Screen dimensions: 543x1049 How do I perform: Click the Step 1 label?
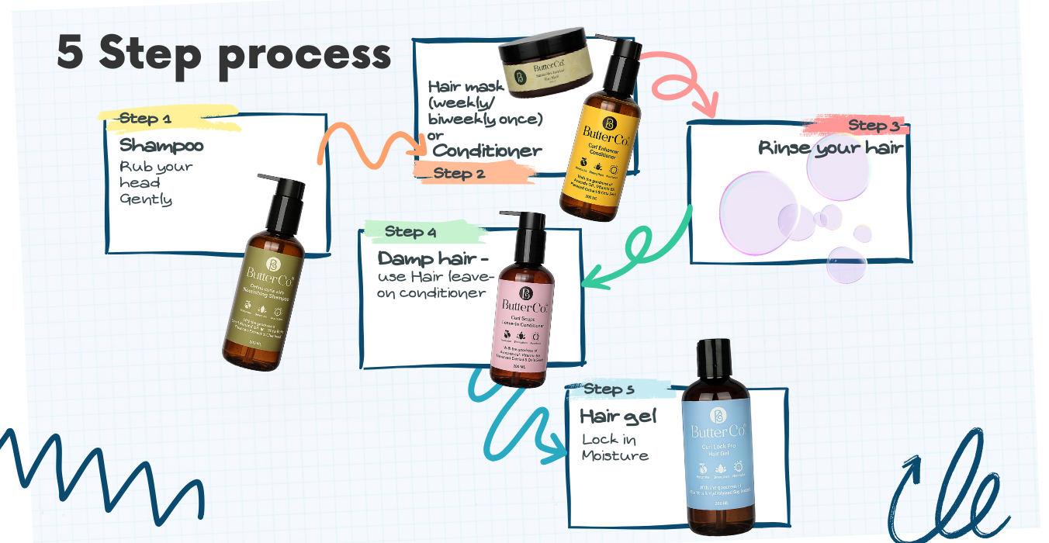pos(145,119)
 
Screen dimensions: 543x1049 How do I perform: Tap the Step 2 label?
pos(459,173)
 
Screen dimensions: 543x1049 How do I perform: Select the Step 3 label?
pos(873,126)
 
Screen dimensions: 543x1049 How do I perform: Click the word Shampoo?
pos(161,146)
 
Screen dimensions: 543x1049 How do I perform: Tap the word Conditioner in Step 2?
pos(487,150)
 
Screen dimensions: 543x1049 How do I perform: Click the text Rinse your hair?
pos(830,148)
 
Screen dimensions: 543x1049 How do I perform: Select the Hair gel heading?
pos(618,417)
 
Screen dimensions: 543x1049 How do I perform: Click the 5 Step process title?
pos(224,54)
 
